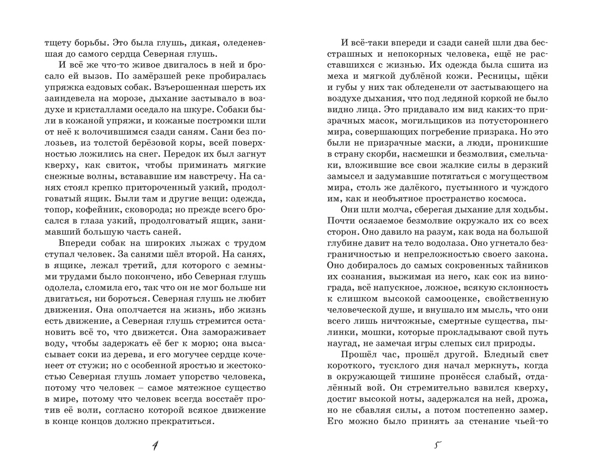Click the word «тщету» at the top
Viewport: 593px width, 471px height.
(x=57, y=43)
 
